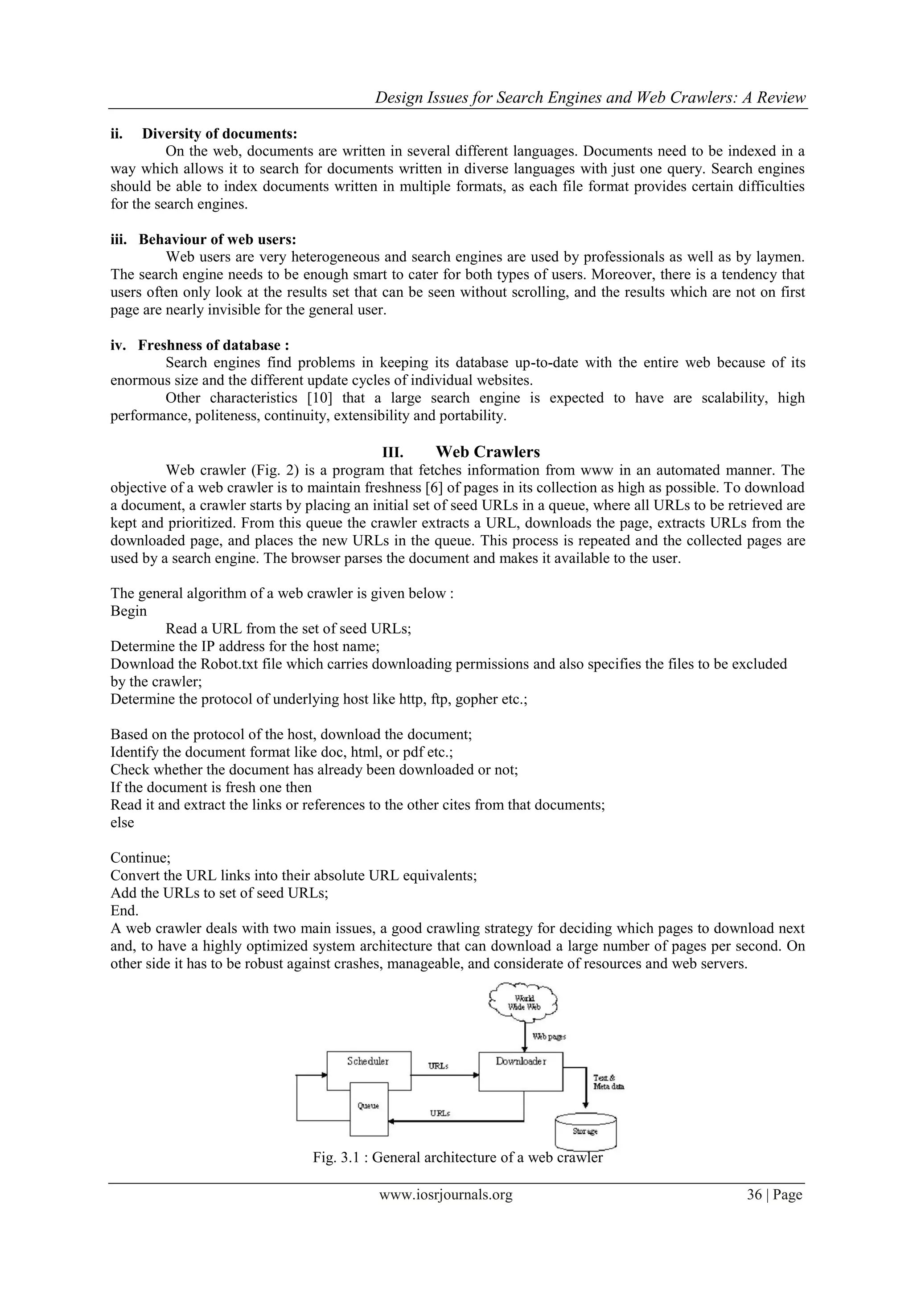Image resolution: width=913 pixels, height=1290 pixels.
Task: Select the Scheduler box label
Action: [x=368, y=1061]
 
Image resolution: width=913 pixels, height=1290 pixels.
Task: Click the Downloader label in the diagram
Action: [x=521, y=1061]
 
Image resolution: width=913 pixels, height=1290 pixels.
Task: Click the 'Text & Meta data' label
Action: [x=608, y=1082]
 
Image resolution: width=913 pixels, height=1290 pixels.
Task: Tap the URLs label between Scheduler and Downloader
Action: [x=438, y=1066]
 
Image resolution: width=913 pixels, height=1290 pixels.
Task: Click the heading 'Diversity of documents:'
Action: [x=219, y=134]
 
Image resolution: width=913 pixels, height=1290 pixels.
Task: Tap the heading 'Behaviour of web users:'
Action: [x=217, y=239]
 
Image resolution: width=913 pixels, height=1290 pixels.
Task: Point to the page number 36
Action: [x=754, y=1195]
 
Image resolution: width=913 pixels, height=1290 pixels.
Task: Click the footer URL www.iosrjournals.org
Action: [x=446, y=1195]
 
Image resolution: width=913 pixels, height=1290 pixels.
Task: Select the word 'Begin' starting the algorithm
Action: [x=128, y=611]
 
